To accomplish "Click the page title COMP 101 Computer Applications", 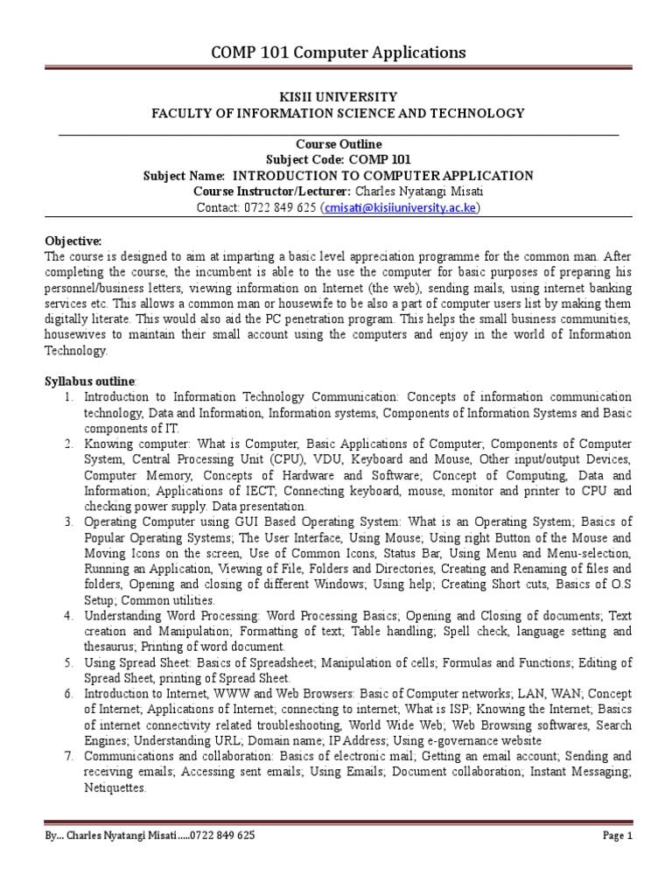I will pyautogui.click(x=338, y=53).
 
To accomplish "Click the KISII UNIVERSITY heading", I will pyautogui.click(x=338, y=97).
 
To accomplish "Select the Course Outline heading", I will pyautogui.click(x=338, y=143).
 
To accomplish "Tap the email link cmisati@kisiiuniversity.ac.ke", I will pyautogui.click(x=401, y=207).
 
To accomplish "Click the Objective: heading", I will pyautogui.click(x=73, y=241).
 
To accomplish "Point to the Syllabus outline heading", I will pyautogui.click(x=90, y=381).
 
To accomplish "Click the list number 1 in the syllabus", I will pyautogui.click(x=67, y=398).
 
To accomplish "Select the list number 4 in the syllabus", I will pyautogui.click(x=67, y=616).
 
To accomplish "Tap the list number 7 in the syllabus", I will pyautogui.click(x=67, y=755).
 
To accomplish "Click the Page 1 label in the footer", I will pyautogui.click(x=618, y=836).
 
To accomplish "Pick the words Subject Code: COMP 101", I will pyautogui.click(x=338, y=159).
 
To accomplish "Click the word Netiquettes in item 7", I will pyautogui.click(x=114, y=787).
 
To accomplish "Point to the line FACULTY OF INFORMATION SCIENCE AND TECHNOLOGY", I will pyautogui.click(x=338, y=113).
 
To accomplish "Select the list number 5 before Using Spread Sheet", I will pyautogui.click(x=67, y=662).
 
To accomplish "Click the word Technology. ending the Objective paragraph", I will pyautogui.click(x=75, y=350).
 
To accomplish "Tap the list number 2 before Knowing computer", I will pyautogui.click(x=67, y=444).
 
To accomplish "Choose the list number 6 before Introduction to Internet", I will pyautogui.click(x=67, y=694).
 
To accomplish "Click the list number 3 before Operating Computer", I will pyautogui.click(x=67, y=522).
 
